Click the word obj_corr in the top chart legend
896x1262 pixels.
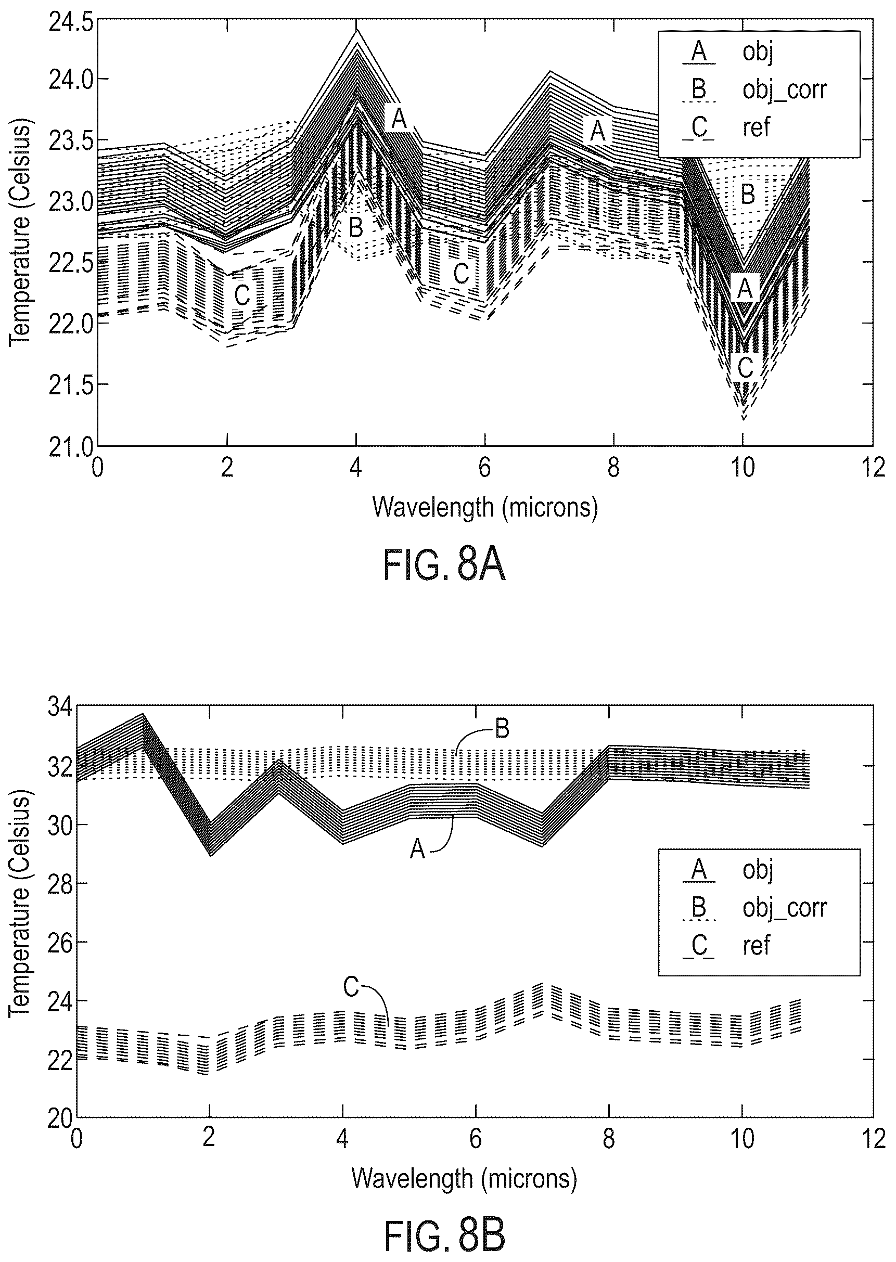[785, 89]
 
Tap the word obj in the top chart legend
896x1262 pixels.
[758, 53]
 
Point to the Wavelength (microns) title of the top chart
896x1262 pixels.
[485, 507]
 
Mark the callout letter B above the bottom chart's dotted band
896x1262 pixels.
[502, 730]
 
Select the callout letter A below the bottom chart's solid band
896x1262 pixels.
[418, 850]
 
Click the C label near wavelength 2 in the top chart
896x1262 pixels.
[242, 295]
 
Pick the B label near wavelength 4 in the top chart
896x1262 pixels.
[356, 227]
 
